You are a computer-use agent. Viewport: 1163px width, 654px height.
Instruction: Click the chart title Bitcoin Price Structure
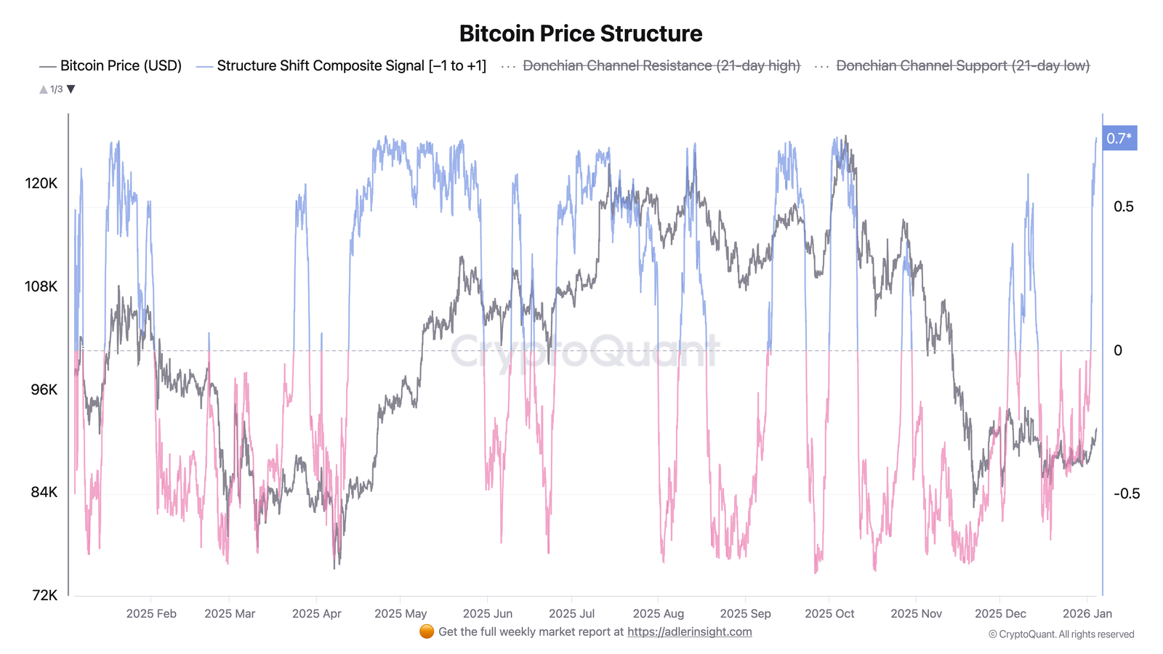tap(581, 33)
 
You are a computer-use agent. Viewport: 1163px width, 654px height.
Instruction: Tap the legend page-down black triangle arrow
tap(71, 89)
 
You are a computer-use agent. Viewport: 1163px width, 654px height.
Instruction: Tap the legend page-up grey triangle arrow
tap(44, 89)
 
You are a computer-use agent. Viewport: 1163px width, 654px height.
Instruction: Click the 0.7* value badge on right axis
tap(1119, 138)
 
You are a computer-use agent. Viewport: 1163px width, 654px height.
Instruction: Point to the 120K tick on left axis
tap(41, 183)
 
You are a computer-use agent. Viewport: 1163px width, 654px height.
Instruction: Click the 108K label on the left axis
tap(41, 286)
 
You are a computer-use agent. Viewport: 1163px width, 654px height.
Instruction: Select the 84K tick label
tap(44, 492)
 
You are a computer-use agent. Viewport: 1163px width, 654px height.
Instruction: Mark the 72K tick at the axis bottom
tap(44, 595)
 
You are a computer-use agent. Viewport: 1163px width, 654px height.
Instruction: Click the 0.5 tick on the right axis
tap(1123, 206)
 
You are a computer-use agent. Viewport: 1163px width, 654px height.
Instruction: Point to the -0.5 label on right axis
tap(1126, 493)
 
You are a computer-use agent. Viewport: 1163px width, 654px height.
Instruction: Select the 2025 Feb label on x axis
tap(151, 613)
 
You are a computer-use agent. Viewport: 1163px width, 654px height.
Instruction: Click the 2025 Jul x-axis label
tap(571, 613)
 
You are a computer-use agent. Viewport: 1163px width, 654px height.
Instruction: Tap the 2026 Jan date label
tap(1087, 613)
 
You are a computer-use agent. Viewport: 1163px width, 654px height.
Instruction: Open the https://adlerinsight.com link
tap(689, 631)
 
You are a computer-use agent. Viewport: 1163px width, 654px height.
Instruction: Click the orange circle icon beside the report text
tap(427, 631)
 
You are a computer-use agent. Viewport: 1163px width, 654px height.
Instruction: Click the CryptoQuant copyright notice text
tap(1061, 634)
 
